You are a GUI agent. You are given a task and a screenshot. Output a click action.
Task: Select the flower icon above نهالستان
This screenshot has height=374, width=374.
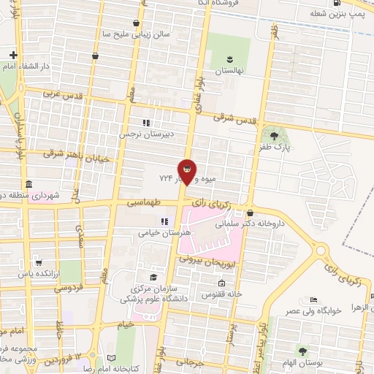pyautogui.click(x=229, y=59)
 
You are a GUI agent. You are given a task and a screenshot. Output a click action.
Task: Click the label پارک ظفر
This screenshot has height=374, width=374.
pyautogui.click(x=274, y=147)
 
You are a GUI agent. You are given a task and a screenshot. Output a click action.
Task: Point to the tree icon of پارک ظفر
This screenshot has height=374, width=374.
pyautogui.click(x=274, y=135)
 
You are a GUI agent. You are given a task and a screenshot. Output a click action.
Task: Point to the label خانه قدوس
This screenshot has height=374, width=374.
pyautogui.click(x=221, y=295)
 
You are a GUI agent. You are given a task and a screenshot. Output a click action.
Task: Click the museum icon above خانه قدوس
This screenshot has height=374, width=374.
pyautogui.click(x=221, y=283)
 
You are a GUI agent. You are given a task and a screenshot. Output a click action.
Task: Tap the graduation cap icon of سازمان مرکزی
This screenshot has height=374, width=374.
pyautogui.click(x=153, y=277)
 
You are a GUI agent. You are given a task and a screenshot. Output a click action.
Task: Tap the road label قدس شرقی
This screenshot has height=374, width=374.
pyautogui.click(x=233, y=116)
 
